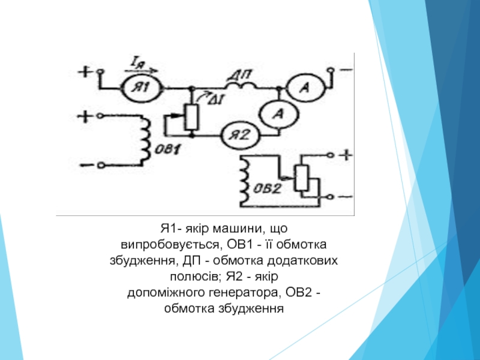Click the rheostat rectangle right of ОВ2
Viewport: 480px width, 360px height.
[302, 177]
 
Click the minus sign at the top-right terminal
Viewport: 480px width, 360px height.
[346, 70]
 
